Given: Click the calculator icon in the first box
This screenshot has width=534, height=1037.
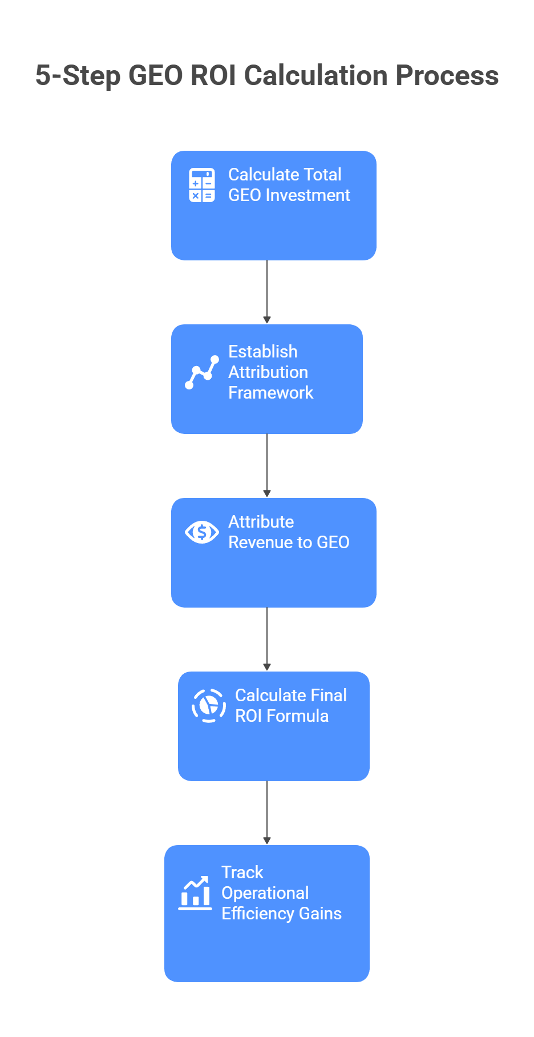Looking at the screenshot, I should pos(202,185).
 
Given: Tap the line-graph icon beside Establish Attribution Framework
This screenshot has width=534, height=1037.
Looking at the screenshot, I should pos(202,372).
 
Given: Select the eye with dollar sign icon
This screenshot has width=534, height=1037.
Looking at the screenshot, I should pos(202,532).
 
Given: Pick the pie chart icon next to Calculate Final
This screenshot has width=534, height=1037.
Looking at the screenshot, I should pos(209,706).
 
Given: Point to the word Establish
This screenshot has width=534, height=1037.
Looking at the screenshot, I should pos(263,352).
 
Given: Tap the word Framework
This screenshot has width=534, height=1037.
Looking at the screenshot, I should pos(271,393).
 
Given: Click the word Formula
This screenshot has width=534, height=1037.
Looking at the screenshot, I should pos(298,716).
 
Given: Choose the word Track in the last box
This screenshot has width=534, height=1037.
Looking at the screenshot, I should pos(242,873).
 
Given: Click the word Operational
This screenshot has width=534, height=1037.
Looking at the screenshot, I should pos(265,893).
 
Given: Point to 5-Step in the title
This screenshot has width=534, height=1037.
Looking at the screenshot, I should pos(78,76).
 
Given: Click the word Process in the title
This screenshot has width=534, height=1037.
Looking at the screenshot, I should pos(447,76).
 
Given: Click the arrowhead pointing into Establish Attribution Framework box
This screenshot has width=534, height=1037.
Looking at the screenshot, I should pos(267,320).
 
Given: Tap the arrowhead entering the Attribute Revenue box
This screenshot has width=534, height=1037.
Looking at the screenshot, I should pos(267,494).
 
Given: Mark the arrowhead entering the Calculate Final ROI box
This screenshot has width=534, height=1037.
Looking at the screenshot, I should pos(267,668).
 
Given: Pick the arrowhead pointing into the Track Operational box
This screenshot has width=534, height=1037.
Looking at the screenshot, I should pos(267,841).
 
